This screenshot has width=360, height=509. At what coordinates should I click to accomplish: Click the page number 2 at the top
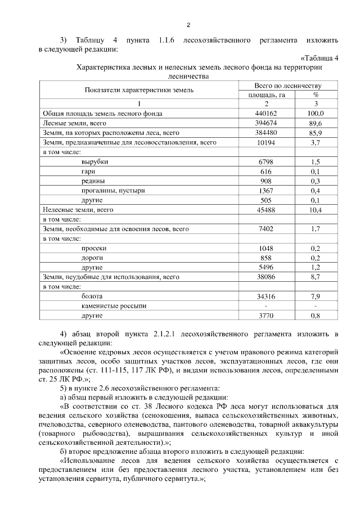click(x=189, y=25)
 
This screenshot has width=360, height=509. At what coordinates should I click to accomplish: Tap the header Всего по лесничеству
click(x=287, y=85)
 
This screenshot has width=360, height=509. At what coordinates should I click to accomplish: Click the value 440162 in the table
click(x=267, y=114)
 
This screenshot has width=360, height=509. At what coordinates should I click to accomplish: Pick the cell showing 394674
click(x=267, y=123)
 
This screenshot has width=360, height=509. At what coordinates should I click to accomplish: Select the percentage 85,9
click(x=316, y=133)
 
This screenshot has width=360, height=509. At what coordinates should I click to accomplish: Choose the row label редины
click(x=93, y=181)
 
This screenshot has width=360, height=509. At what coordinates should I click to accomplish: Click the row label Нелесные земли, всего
click(x=78, y=210)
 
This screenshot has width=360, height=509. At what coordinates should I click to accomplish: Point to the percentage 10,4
click(x=316, y=210)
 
